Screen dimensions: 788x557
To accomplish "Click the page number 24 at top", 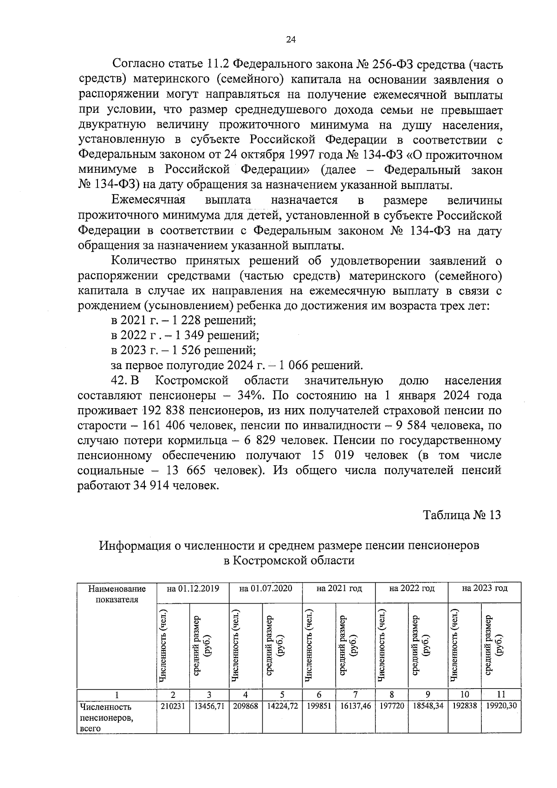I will pyautogui.click(x=291, y=40).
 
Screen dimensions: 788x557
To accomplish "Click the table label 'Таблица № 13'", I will pyautogui.click(x=462, y=515).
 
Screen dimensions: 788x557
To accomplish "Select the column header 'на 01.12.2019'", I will pyautogui.click(x=193, y=588).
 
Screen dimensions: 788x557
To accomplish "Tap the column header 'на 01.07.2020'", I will pyautogui.click(x=266, y=588).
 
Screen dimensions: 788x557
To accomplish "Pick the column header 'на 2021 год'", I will pyautogui.click(x=339, y=588).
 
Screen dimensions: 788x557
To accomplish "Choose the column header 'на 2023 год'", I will pyautogui.click(x=485, y=588).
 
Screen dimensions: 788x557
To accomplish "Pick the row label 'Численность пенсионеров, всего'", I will pyautogui.click(x=106, y=718).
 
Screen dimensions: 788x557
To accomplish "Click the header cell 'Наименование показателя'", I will pyautogui.click(x=117, y=594).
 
